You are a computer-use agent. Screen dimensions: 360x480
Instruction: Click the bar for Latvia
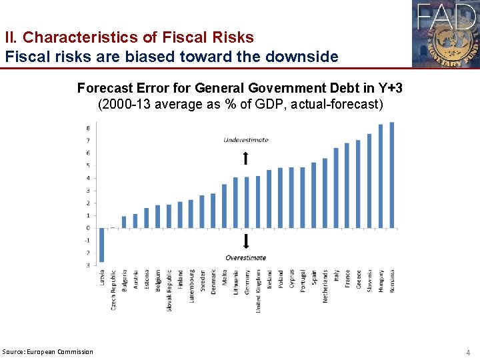(102, 245)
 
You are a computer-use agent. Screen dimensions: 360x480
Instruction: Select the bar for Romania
(392, 175)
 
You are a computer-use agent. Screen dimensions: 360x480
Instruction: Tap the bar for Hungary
(381, 176)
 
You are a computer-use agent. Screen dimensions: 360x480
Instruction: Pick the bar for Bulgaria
(124, 222)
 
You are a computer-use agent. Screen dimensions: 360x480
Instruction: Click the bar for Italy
(336, 188)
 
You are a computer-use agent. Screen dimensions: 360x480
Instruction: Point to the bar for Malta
(225, 206)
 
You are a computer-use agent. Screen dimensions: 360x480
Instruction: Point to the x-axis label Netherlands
(325, 286)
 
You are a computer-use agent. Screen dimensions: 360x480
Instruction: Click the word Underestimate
(245, 140)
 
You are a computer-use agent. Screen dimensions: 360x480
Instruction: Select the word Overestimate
(245, 257)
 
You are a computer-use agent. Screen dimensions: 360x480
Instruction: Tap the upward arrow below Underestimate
(245, 157)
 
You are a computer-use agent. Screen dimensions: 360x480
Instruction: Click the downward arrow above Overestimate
(245, 241)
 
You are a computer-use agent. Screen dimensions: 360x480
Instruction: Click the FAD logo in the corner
(445, 33)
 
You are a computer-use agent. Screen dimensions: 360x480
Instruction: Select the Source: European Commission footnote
(48, 351)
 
